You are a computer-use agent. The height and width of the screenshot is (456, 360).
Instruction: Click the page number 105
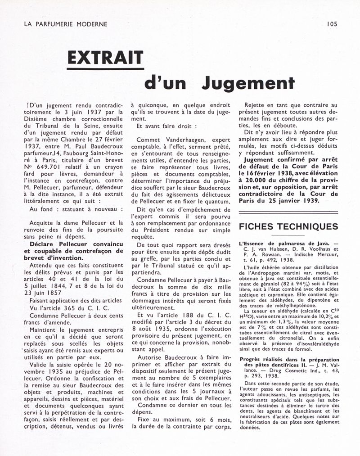point(332,24)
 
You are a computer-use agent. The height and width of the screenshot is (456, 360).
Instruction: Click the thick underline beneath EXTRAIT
point(105,69)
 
